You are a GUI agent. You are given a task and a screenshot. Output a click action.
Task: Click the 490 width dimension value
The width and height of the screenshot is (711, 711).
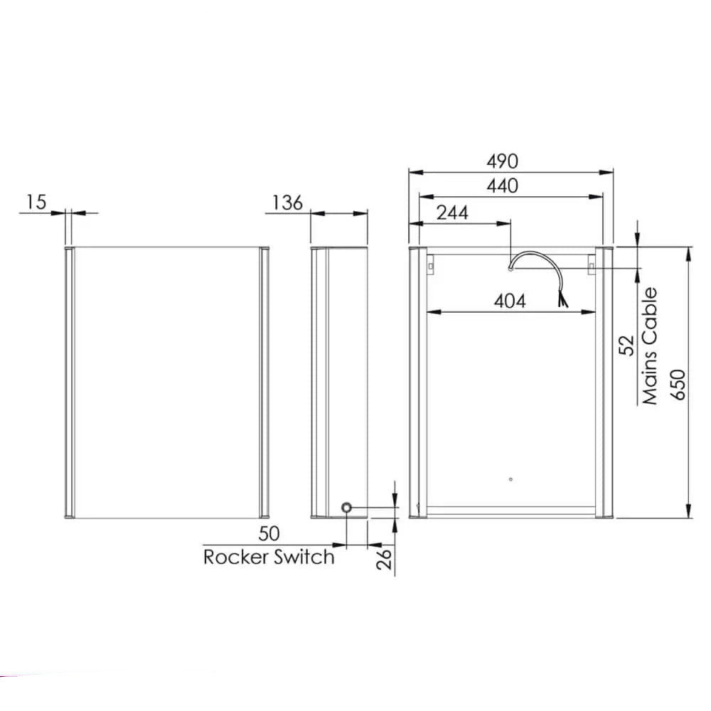tap(502, 161)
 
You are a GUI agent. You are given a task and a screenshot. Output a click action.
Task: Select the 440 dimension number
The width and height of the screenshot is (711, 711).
tap(503, 186)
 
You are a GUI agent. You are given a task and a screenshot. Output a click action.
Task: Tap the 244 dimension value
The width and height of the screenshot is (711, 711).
tap(452, 212)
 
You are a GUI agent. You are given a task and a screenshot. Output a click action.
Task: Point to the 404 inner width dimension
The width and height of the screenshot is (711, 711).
tap(510, 301)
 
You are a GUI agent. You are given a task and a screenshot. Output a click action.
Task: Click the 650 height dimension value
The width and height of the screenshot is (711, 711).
tap(678, 385)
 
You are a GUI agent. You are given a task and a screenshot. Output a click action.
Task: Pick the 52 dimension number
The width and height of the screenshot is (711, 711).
tap(626, 345)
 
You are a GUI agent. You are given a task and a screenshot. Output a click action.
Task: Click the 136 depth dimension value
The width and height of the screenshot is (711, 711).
tap(287, 203)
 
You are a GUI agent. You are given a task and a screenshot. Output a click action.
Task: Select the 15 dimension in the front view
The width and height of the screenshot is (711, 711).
tap(36, 202)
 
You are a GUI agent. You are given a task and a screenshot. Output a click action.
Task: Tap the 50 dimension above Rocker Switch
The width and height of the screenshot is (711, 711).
tap(269, 533)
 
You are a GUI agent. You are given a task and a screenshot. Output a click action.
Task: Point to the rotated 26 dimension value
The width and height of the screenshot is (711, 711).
tap(384, 559)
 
